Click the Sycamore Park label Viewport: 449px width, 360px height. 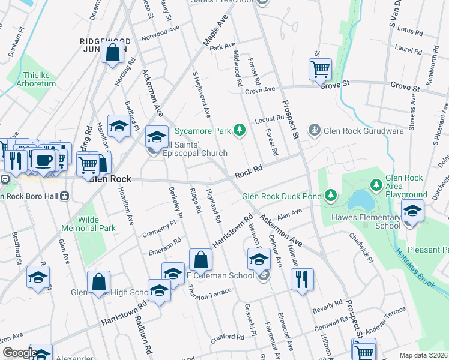(203, 130)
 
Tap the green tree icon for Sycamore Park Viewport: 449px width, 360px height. (240, 130)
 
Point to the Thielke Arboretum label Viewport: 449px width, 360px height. (40, 79)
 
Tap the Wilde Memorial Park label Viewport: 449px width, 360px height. (88, 224)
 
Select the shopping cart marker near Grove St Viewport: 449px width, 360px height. (320, 69)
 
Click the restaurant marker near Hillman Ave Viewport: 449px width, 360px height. (302, 278)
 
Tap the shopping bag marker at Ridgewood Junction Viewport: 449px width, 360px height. (113, 52)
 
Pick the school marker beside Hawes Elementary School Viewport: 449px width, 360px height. (412, 211)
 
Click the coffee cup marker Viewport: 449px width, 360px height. (43, 160)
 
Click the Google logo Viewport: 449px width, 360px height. (19, 353)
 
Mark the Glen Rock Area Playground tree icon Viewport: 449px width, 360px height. (376, 183)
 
